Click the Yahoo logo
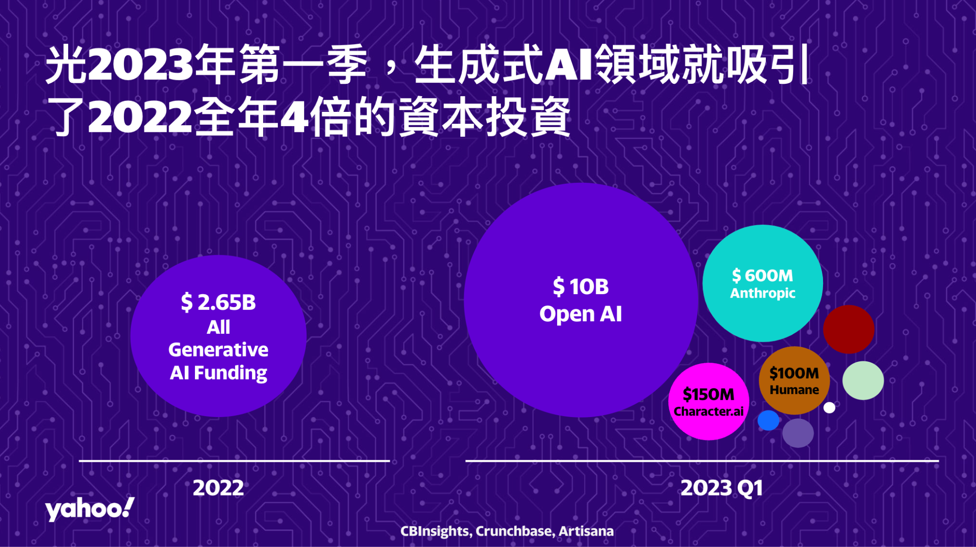(x=90, y=509)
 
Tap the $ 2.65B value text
(x=218, y=303)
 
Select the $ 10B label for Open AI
(x=580, y=287)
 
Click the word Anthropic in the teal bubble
(x=762, y=293)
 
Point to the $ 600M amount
(x=762, y=276)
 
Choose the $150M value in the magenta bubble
(x=709, y=394)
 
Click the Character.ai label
(x=709, y=411)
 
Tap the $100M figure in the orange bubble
(x=794, y=373)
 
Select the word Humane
(x=794, y=390)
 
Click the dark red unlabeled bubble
(x=849, y=329)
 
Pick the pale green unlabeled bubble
(x=863, y=380)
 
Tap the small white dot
(x=829, y=408)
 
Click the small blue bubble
(x=768, y=420)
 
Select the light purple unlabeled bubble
(x=798, y=433)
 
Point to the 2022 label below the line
(x=218, y=488)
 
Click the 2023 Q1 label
(x=722, y=488)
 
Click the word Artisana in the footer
(x=586, y=531)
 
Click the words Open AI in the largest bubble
(x=580, y=314)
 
